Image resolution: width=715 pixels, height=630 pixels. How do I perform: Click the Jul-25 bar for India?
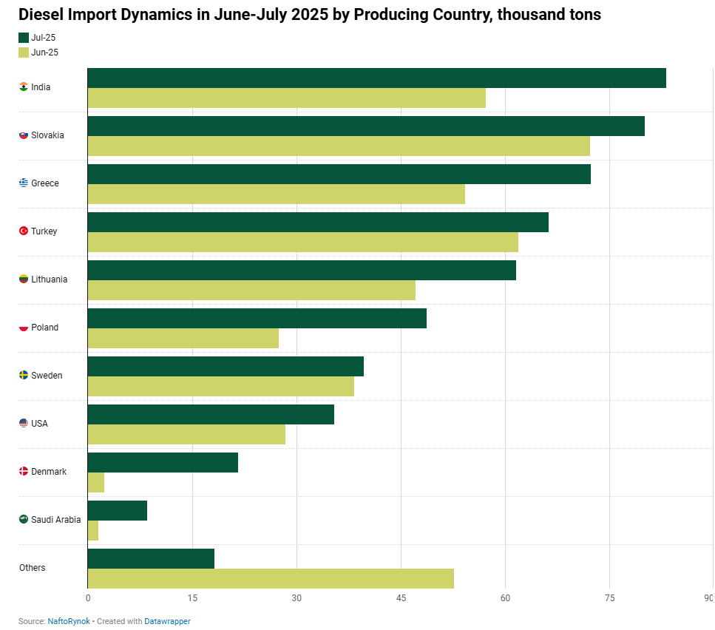click(x=376, y=78)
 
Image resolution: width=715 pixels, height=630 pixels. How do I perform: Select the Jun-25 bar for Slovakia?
click(x=339, y=146)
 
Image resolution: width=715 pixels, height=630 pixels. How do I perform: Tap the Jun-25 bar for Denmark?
click(x=96, y=482)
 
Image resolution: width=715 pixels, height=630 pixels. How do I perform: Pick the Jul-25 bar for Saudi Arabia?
click(x=117, y=510)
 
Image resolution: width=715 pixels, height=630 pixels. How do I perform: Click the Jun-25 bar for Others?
click(x=271, y=578)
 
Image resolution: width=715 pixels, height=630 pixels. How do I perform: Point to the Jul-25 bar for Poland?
click(x=257, y=318)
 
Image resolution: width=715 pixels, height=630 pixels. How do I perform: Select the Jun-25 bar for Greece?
click(x=277, y=194)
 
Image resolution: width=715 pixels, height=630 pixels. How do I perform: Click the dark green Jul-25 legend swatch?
click(x=24, y=38)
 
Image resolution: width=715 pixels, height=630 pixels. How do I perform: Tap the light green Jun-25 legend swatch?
click(x=24, y=52)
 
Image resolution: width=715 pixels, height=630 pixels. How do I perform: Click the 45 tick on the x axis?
click(x=401, y=598)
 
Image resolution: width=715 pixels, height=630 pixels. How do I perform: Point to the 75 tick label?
click(x=610, y=598)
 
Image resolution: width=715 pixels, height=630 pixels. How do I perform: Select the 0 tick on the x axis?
click(x=88, y=598)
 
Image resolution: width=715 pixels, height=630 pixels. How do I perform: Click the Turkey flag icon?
click(x=24, y=231)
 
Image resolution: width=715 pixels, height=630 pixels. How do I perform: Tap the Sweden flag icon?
click(x=24, y=375)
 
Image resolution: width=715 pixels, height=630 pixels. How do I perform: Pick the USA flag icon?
click(x=24, y=424)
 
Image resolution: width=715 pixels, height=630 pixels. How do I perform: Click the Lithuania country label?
click(x=50, y=279)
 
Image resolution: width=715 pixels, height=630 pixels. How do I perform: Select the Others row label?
click(x=33, y=568)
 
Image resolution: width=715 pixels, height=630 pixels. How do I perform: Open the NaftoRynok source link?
click(x=69, y=621)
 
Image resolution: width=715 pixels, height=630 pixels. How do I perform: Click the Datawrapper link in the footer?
click(x=167, y=621)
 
